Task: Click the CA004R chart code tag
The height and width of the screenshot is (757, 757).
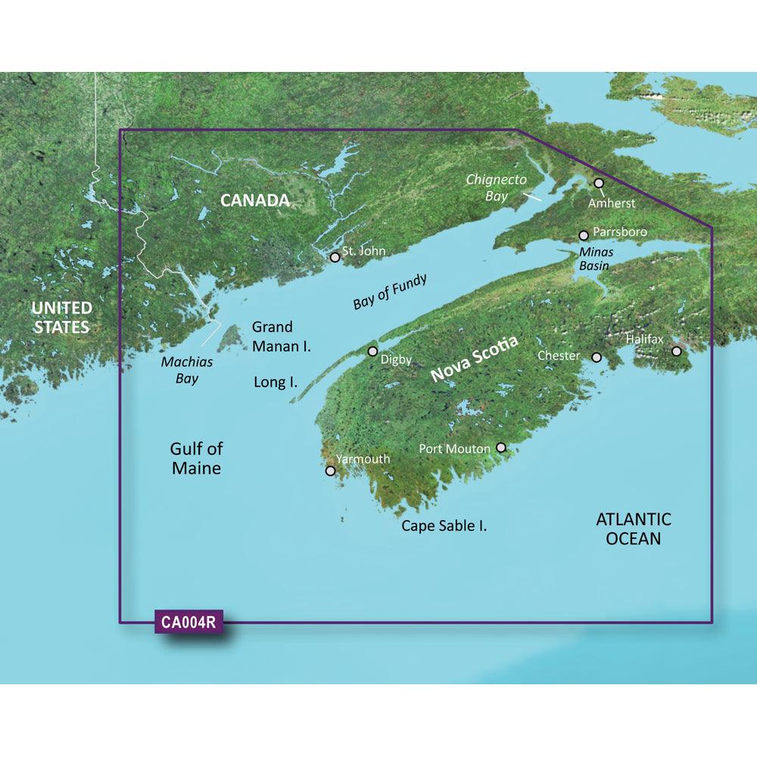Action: click(x=189, y=624)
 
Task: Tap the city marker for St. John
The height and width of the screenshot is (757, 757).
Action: click(x=335, y=257)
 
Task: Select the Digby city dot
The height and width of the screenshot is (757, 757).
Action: click(x=372, y=351)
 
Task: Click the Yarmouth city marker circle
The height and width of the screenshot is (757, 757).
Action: click(x=330, y=471)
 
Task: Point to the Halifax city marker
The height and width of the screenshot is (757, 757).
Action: click(x=677, y=351)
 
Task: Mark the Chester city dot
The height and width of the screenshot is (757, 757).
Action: click(x=597, y=357)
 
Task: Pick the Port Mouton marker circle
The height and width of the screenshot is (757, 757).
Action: click(x=500, y=448)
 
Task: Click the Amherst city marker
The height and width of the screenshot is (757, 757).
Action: click(x=599, y=183)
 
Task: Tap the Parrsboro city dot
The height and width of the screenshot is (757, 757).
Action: click(x=584, y=235)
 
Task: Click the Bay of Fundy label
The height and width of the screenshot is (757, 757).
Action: click(x=390, y=291)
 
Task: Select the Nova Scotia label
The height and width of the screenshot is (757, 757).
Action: click(x=475, y=360)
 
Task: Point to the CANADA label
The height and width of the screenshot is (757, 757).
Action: click(x=255, y=201)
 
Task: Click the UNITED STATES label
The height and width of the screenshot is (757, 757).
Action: click(x=61, y=318)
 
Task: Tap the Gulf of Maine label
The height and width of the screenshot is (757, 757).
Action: click(x=196, y=459)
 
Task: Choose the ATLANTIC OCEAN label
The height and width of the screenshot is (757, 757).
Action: click(x=634, y=529)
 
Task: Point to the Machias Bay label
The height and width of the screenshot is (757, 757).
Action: click(x=187, y=370)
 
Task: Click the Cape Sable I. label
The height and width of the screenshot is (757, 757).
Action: click(x=444, y=525)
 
